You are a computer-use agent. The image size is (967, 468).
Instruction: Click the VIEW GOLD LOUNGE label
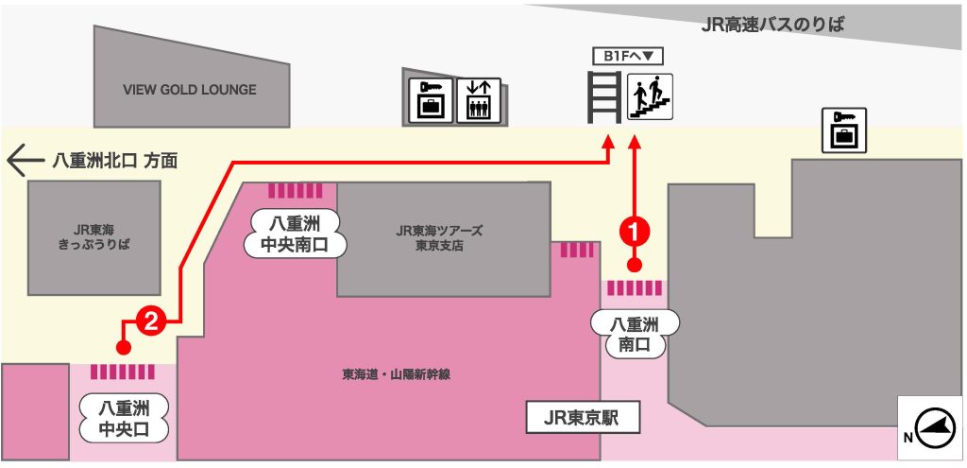189,90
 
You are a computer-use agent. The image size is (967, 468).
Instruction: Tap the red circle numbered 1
635,232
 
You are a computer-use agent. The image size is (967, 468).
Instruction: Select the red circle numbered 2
152,321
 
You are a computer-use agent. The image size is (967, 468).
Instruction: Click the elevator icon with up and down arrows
479,100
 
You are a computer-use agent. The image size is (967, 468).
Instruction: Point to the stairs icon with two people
650,97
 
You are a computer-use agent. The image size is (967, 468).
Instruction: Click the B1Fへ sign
627,56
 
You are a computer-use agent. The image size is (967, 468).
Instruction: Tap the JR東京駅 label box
582,418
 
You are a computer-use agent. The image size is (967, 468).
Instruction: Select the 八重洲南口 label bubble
636,334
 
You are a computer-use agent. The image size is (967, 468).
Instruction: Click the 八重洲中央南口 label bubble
295,234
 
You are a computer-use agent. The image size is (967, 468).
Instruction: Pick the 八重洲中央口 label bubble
124,418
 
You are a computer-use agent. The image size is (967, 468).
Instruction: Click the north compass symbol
930,428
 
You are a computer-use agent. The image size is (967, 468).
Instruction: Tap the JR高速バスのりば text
772,25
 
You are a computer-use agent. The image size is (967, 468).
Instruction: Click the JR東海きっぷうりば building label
93,237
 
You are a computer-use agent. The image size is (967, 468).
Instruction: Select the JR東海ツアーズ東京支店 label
439,238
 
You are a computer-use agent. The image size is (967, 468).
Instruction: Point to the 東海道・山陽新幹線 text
396,374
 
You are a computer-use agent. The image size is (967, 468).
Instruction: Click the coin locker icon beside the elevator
431,100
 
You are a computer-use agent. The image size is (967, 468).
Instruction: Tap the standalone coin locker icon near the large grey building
844,130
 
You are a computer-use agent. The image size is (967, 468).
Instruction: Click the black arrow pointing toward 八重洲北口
25,161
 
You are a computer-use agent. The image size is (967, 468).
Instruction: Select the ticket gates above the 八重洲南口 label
635,287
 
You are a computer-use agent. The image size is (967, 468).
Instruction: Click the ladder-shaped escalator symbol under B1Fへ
604,97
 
